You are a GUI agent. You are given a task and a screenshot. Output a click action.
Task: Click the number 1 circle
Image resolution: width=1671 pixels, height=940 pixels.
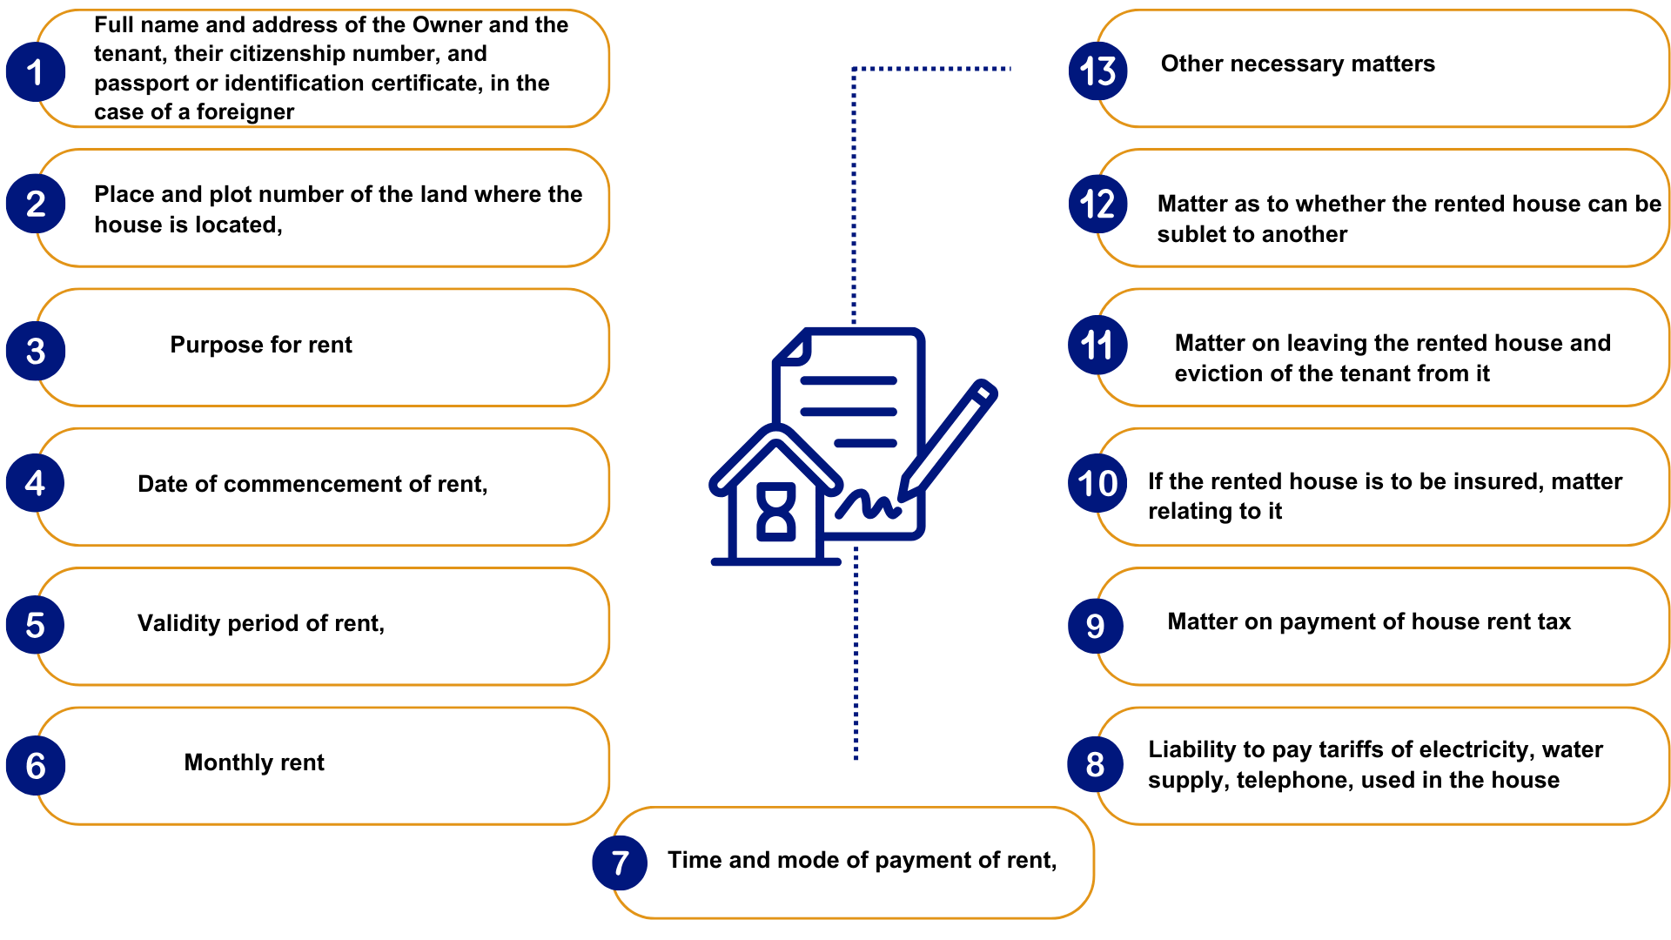tap(35, 71)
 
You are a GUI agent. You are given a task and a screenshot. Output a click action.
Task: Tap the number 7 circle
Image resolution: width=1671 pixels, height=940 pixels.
tap(620, 863)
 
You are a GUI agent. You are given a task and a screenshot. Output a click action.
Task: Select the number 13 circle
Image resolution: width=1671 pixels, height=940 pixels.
tap(1097, 71)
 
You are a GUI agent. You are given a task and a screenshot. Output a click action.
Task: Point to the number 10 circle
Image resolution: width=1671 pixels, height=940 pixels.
tap(1097, 484)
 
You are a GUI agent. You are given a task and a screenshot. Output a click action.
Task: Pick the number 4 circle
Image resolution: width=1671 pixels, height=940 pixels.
tap(35, 483)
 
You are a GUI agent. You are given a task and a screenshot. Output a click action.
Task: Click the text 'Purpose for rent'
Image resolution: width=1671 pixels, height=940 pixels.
tap(261, 345)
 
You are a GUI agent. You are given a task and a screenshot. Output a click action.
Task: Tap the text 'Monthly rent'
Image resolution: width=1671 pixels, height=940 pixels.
tap(254, 762)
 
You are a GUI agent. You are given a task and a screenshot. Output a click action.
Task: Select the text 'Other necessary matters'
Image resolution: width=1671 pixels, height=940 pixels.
tap(1298, 64)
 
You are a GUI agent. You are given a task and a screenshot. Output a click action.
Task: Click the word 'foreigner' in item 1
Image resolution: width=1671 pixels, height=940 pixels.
tap(245, 112)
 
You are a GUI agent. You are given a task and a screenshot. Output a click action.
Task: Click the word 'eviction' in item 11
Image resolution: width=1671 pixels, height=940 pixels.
tap(1213, 373)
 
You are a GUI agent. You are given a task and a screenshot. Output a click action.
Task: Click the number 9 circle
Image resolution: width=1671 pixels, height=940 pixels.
tap(1096, 626)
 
